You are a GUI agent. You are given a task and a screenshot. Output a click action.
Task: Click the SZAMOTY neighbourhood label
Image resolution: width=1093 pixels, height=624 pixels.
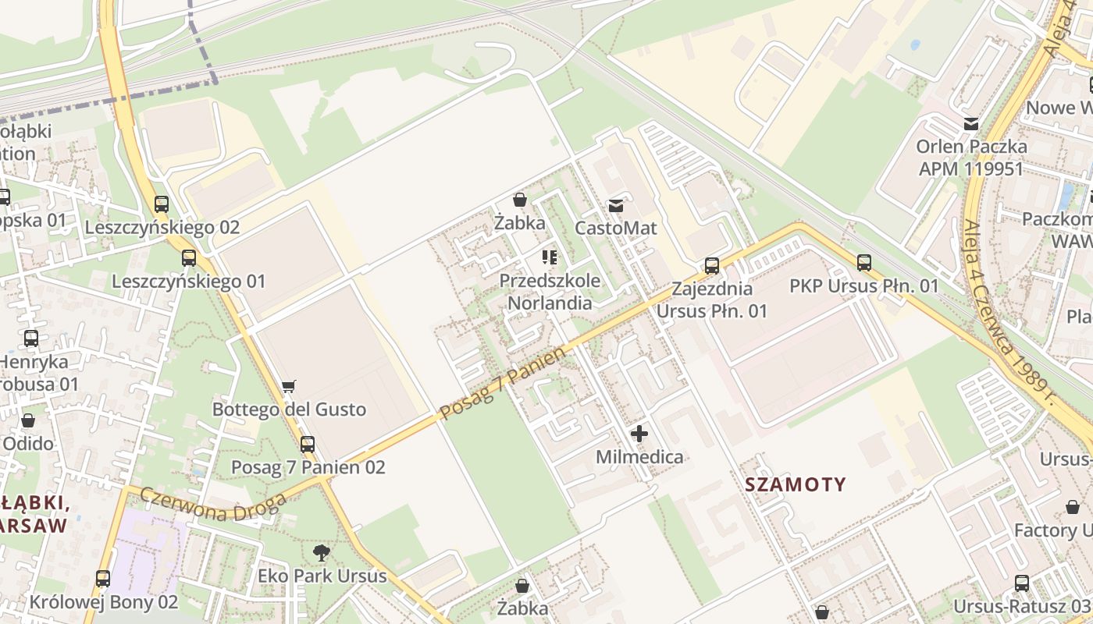[x=795, y=484]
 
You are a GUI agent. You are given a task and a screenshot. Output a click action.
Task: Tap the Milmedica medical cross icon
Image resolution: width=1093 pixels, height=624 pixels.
[x=639, y=434]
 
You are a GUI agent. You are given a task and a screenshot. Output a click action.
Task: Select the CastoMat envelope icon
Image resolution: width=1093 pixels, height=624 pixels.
[x=616, y=206]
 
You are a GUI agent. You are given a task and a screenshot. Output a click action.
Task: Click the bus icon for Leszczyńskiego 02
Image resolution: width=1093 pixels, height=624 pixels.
[x=162, y=204]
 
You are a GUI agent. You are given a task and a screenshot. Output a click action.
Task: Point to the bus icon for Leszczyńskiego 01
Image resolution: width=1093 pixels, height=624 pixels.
[x=189, y=257]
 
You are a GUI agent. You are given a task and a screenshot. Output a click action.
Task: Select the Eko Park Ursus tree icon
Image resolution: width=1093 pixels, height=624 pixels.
[x=321, y=554]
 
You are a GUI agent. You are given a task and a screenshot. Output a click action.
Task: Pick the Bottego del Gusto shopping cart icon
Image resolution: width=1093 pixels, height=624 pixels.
[x=289, y=385]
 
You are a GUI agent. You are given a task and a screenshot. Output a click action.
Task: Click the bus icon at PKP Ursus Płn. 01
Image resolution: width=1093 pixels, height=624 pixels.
[x=863, y=263]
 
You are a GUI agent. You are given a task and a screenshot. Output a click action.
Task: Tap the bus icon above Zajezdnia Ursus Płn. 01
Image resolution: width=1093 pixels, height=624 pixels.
[x=712, y=265]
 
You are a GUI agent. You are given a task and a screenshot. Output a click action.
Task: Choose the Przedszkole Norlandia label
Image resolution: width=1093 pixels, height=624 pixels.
[x=550, y=291]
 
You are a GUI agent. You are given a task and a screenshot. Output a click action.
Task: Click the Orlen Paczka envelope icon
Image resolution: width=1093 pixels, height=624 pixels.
[x=971, y=123]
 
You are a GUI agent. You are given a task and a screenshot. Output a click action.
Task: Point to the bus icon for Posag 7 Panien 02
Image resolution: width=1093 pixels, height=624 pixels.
[x=308, y=444]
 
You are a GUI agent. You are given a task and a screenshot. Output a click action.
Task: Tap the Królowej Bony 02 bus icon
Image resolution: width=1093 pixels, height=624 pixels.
[x=103, y=579]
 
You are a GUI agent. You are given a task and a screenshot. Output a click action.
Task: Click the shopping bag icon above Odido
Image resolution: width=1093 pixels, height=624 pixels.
[x=28, y=420]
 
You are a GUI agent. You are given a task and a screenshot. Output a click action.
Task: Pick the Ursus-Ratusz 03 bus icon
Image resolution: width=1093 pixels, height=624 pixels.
[x=1021, y=583]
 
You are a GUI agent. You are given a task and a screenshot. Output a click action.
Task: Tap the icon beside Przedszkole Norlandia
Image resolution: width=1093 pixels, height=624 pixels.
[x=549, y=257]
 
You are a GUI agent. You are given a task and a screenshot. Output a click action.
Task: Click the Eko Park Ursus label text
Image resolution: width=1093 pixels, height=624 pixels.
[x=322, y=576]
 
